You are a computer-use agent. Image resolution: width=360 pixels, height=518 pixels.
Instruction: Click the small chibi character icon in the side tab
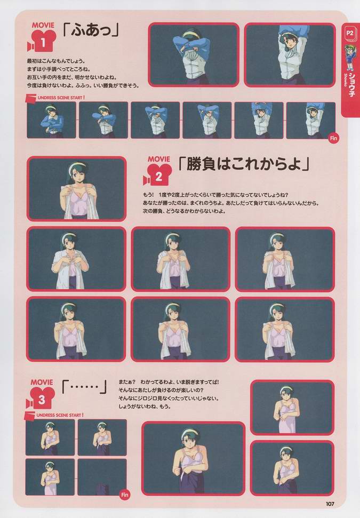click(350, 58)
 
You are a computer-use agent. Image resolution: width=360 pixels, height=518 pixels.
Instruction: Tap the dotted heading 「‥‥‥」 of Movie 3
click(85, 386)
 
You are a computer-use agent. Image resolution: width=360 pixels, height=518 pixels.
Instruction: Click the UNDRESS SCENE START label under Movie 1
click(59, 98)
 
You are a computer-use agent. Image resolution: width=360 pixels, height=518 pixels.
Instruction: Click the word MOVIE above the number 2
click(158, 159)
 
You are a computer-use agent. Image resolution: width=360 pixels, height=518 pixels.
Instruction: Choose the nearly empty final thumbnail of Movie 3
click(102, 477)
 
